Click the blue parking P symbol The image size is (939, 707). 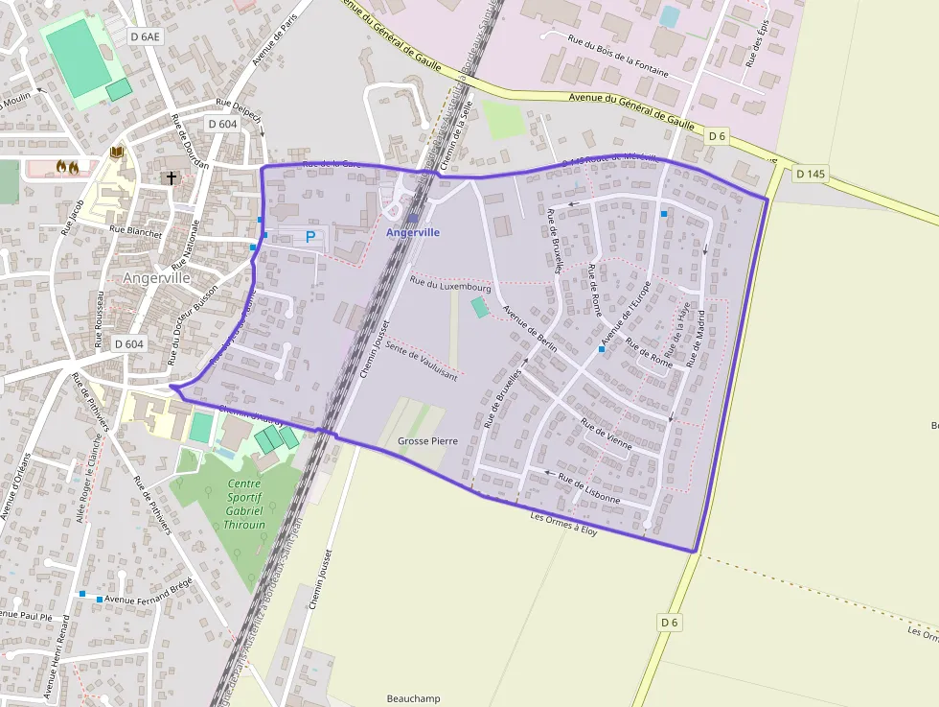pos(310,236)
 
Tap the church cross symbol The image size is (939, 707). pos(172,177)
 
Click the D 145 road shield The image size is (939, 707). pos(810,174)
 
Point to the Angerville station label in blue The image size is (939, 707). pos(413,232)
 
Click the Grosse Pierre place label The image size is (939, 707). pos(427,441)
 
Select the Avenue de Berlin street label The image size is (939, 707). pos(530,329)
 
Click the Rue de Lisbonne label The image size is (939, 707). pos(589,489)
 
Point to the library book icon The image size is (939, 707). pos(117,153)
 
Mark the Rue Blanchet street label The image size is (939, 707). pos(136,230)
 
